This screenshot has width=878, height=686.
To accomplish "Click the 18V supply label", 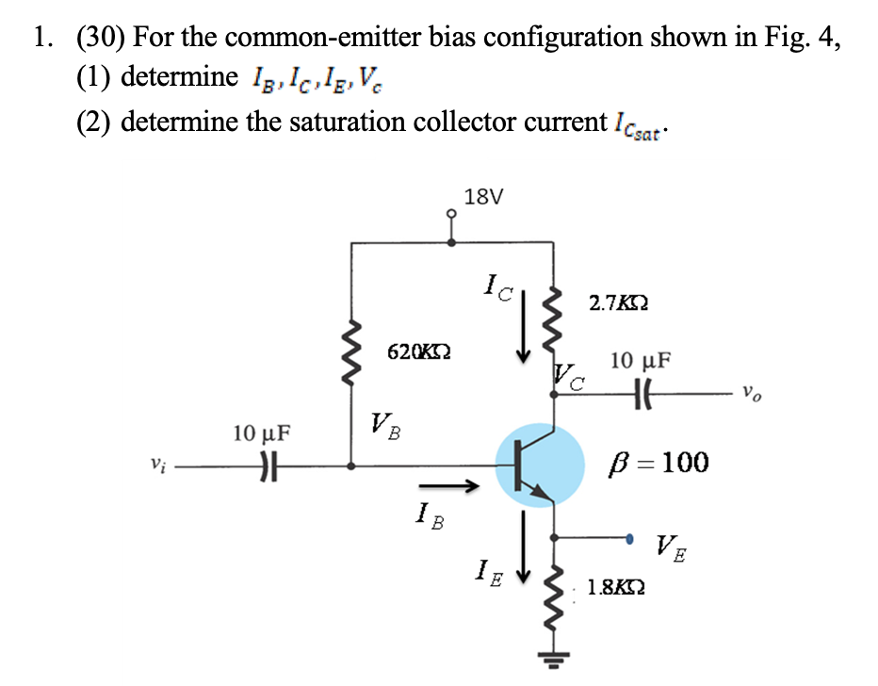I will coord(484,197).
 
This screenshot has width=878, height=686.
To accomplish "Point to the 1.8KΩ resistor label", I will coord(616,588).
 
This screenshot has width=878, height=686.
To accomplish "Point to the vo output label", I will coord(751,392).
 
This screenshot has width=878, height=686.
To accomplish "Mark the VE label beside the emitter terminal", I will coord(671,546).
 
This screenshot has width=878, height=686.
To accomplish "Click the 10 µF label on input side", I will coord(262,434).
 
